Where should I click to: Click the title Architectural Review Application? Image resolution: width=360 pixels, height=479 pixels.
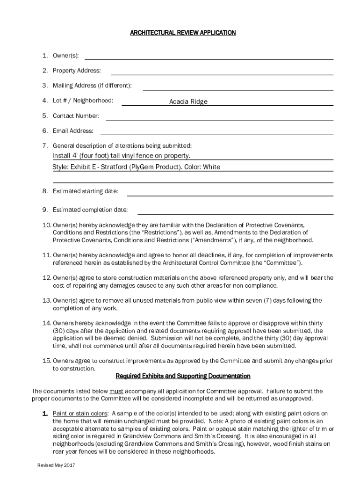[182, 33]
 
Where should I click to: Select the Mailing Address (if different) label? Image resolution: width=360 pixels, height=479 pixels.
[92, 86]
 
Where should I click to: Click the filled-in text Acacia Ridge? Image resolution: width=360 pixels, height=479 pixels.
[188, 102]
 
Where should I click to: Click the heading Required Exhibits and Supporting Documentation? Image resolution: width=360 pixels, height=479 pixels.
[183, 376]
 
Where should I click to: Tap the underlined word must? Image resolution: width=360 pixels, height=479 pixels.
[116, 391]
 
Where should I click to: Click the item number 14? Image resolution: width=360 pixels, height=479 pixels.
[46, 323]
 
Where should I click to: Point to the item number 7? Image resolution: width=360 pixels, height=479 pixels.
[45, 146]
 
